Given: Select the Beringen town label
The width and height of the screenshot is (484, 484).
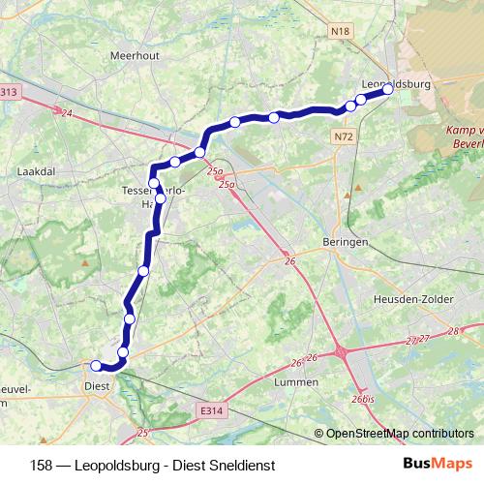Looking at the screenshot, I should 345,243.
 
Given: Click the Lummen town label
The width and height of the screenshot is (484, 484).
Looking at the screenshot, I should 297,382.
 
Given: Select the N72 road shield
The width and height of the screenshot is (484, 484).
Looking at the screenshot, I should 343,138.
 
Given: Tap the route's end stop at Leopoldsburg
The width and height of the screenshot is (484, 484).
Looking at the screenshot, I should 387,89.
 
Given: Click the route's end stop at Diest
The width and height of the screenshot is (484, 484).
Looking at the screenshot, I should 96,365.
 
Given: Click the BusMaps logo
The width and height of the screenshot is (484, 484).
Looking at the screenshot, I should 437,464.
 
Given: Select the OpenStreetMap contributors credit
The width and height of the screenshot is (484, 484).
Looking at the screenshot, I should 400,433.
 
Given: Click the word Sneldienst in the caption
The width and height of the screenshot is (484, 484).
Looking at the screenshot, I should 240,465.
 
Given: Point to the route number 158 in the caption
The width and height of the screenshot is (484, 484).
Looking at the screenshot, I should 42,465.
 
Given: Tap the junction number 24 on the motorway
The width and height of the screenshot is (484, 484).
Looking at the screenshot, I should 66,113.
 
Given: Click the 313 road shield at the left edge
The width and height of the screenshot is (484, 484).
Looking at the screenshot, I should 9,92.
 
